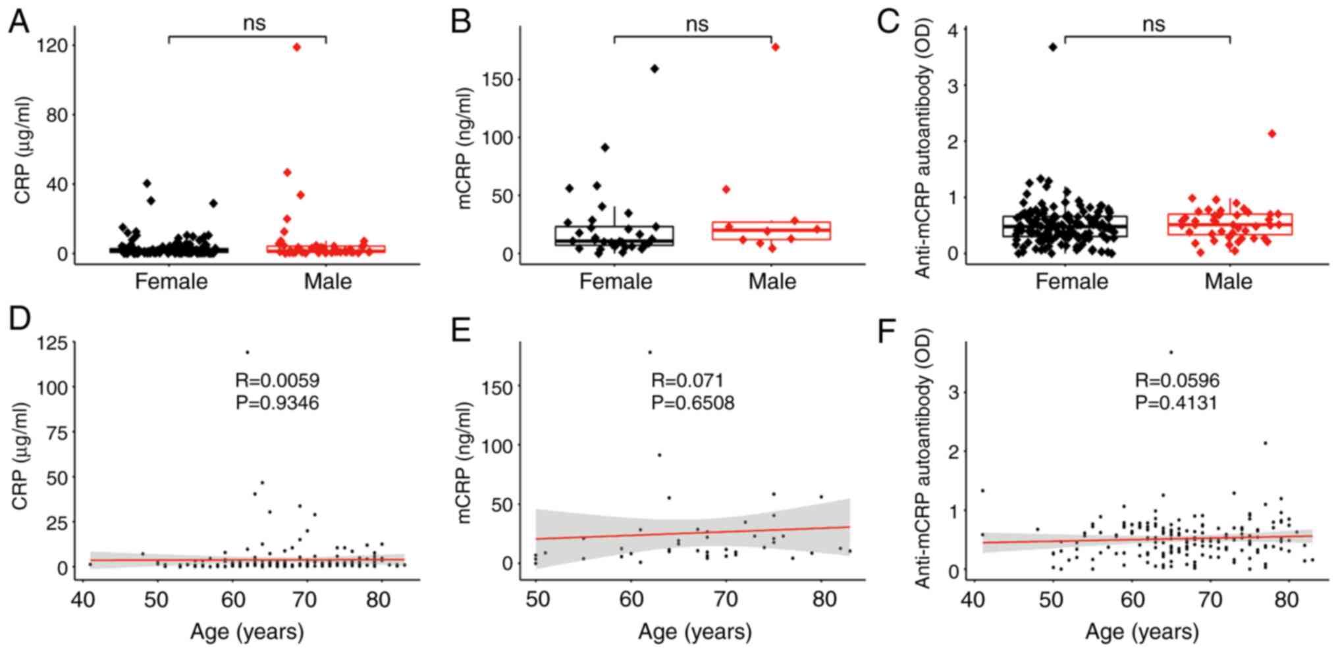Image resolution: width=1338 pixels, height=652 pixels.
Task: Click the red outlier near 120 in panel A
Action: [297, 47]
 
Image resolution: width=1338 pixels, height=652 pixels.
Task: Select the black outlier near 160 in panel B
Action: [655, 68]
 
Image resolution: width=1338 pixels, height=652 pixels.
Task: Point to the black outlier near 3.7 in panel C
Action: [1053, 47]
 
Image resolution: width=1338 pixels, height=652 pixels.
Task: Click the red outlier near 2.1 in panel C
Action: [1271, 134]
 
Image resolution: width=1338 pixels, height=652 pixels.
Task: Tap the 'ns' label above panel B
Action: [697, 24]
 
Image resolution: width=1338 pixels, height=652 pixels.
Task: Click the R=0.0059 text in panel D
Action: [277, 380]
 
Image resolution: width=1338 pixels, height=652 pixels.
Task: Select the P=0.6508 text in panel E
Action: [693, 402]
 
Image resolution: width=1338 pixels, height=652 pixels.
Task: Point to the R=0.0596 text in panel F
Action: [1177, 380]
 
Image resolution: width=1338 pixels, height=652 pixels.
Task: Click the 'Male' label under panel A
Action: [327, 282]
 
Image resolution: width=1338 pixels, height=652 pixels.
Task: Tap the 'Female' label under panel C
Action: [1071, 282]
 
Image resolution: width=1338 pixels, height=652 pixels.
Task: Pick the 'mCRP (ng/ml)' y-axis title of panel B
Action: [466, 147]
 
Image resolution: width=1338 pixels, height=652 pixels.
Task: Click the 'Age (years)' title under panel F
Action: [1142, 632]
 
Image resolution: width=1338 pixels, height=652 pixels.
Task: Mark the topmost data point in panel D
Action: [247, 352]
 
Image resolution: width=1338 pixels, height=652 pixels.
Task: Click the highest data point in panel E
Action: [650, 352]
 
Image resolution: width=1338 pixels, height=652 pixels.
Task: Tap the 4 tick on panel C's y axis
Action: [953, 30]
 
